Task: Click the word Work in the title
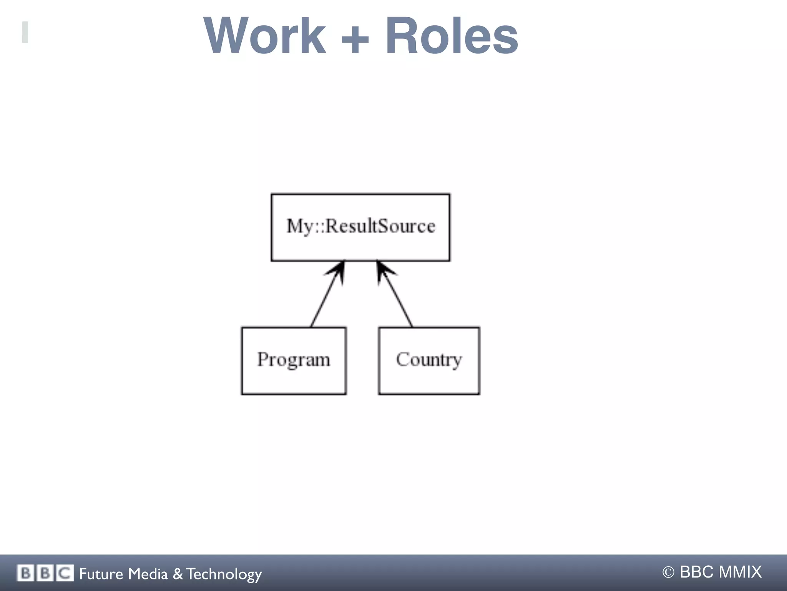click(x=265, y=36)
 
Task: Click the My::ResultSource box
click(x=360, y=227)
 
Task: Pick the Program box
click(x=294, y=360)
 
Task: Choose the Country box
click(x=429, y=360)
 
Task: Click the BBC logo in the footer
click(x=45, y=573)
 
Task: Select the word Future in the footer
click(x=101, y=574)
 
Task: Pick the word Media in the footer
click(x=148, y=574)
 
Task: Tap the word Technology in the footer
click(x=224, y=574)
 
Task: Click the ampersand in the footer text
click(x=178, y=574)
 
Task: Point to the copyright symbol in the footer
click(x=668, y=572)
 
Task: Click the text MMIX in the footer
click(x=740, y=572)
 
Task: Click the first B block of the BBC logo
click(x=25, y=573)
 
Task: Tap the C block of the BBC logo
click(x=65, y=573)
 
